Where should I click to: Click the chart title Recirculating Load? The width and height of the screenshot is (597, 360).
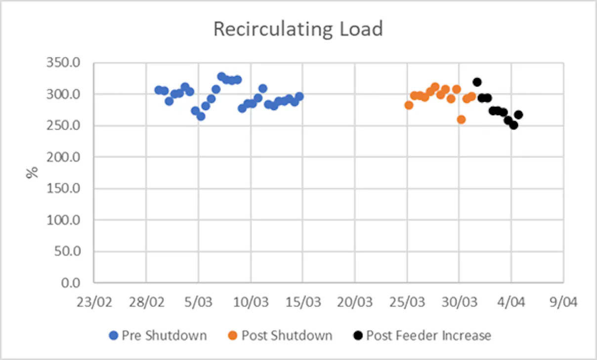click(x=298, y=29)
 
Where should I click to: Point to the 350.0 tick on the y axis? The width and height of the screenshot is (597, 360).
click(x=63, y=63)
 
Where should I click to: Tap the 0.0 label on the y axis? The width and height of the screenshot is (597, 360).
click(x=71, y=283)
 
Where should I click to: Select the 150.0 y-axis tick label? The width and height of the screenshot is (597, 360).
click(x=63, y=188)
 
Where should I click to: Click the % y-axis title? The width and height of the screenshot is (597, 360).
click(x=32, y=173)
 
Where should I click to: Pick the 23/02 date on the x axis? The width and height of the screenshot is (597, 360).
click(x=94, y=303)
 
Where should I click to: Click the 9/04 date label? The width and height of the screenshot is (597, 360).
click(x=564, y=303)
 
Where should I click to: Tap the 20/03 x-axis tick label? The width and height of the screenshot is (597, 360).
click(x=355, y=303)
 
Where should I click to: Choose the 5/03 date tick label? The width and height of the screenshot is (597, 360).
click(x=198, y=303)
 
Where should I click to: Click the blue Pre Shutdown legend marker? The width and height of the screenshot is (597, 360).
click(x=114, y=335)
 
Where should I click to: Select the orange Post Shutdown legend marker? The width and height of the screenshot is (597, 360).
click(x=233, y=335)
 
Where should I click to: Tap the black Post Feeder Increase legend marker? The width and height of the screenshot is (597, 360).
click(x=358, y=335)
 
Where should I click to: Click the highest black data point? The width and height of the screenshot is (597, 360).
click(x=477, y=82)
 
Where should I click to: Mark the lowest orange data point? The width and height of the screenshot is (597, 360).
click(x=462, y=120)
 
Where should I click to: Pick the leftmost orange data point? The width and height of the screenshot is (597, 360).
click(x=409, y=105)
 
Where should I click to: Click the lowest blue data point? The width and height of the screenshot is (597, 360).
click(x=201, y=116)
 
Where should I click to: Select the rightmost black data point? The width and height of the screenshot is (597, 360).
click(x=518, y=115)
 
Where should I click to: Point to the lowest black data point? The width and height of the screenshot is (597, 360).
click(x=513, y=125)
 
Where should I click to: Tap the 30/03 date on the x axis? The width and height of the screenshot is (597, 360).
click(x=459, y=303)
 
